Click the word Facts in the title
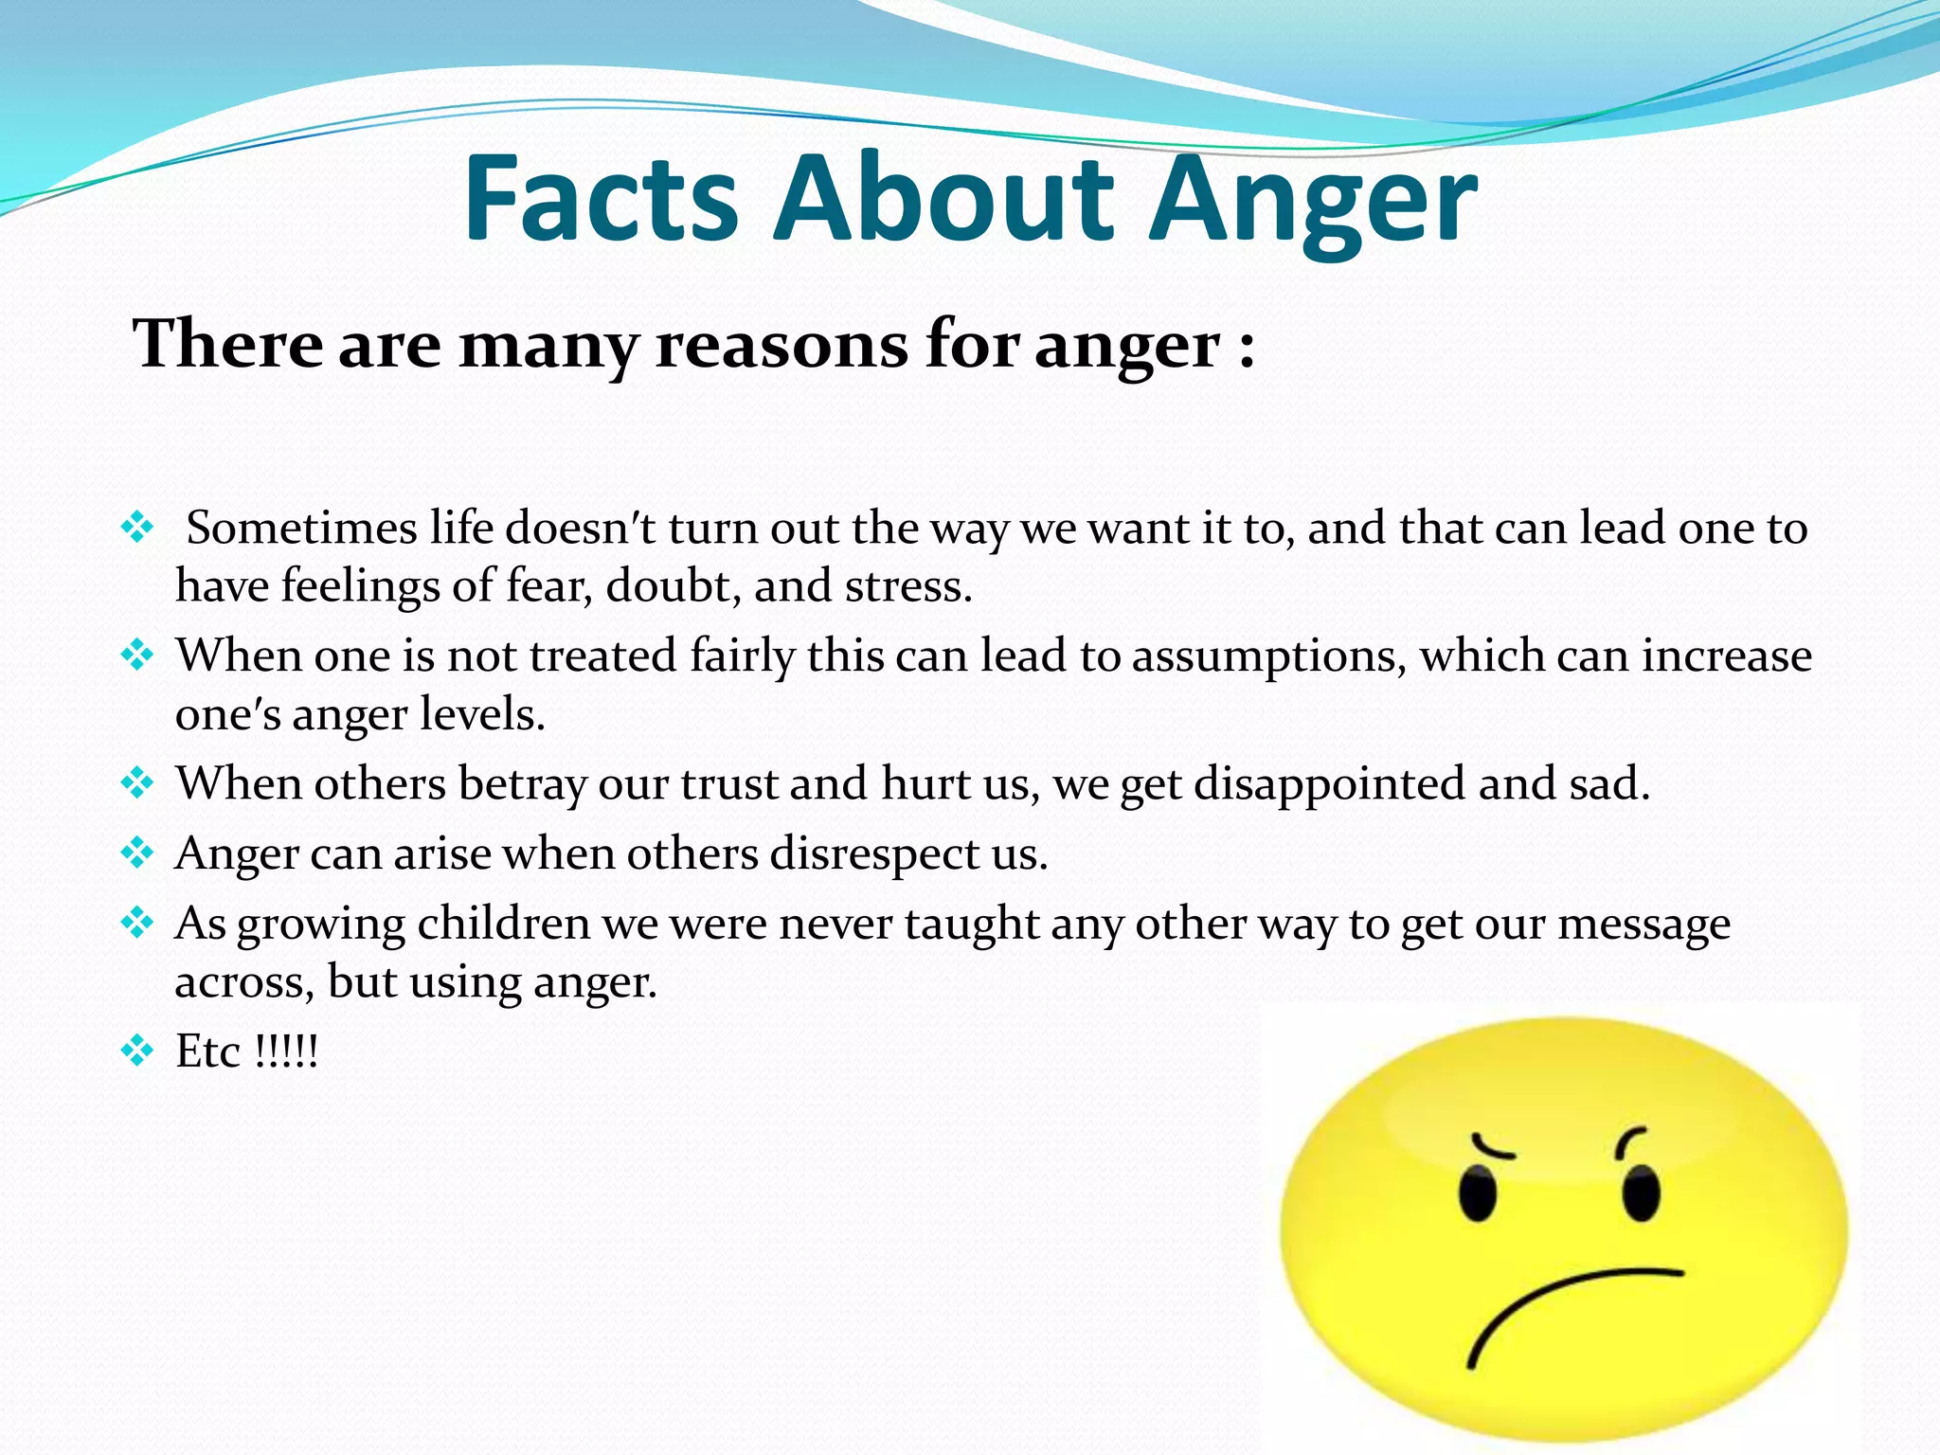[601, 199]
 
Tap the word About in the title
[943, 199]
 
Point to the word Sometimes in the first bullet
[301, 528]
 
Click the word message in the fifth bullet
[1644, 924]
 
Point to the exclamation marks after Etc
[287, 1051]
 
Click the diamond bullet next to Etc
[137, 1051]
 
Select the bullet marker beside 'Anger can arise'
[137, 853]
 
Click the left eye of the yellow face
[1477, 1193]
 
